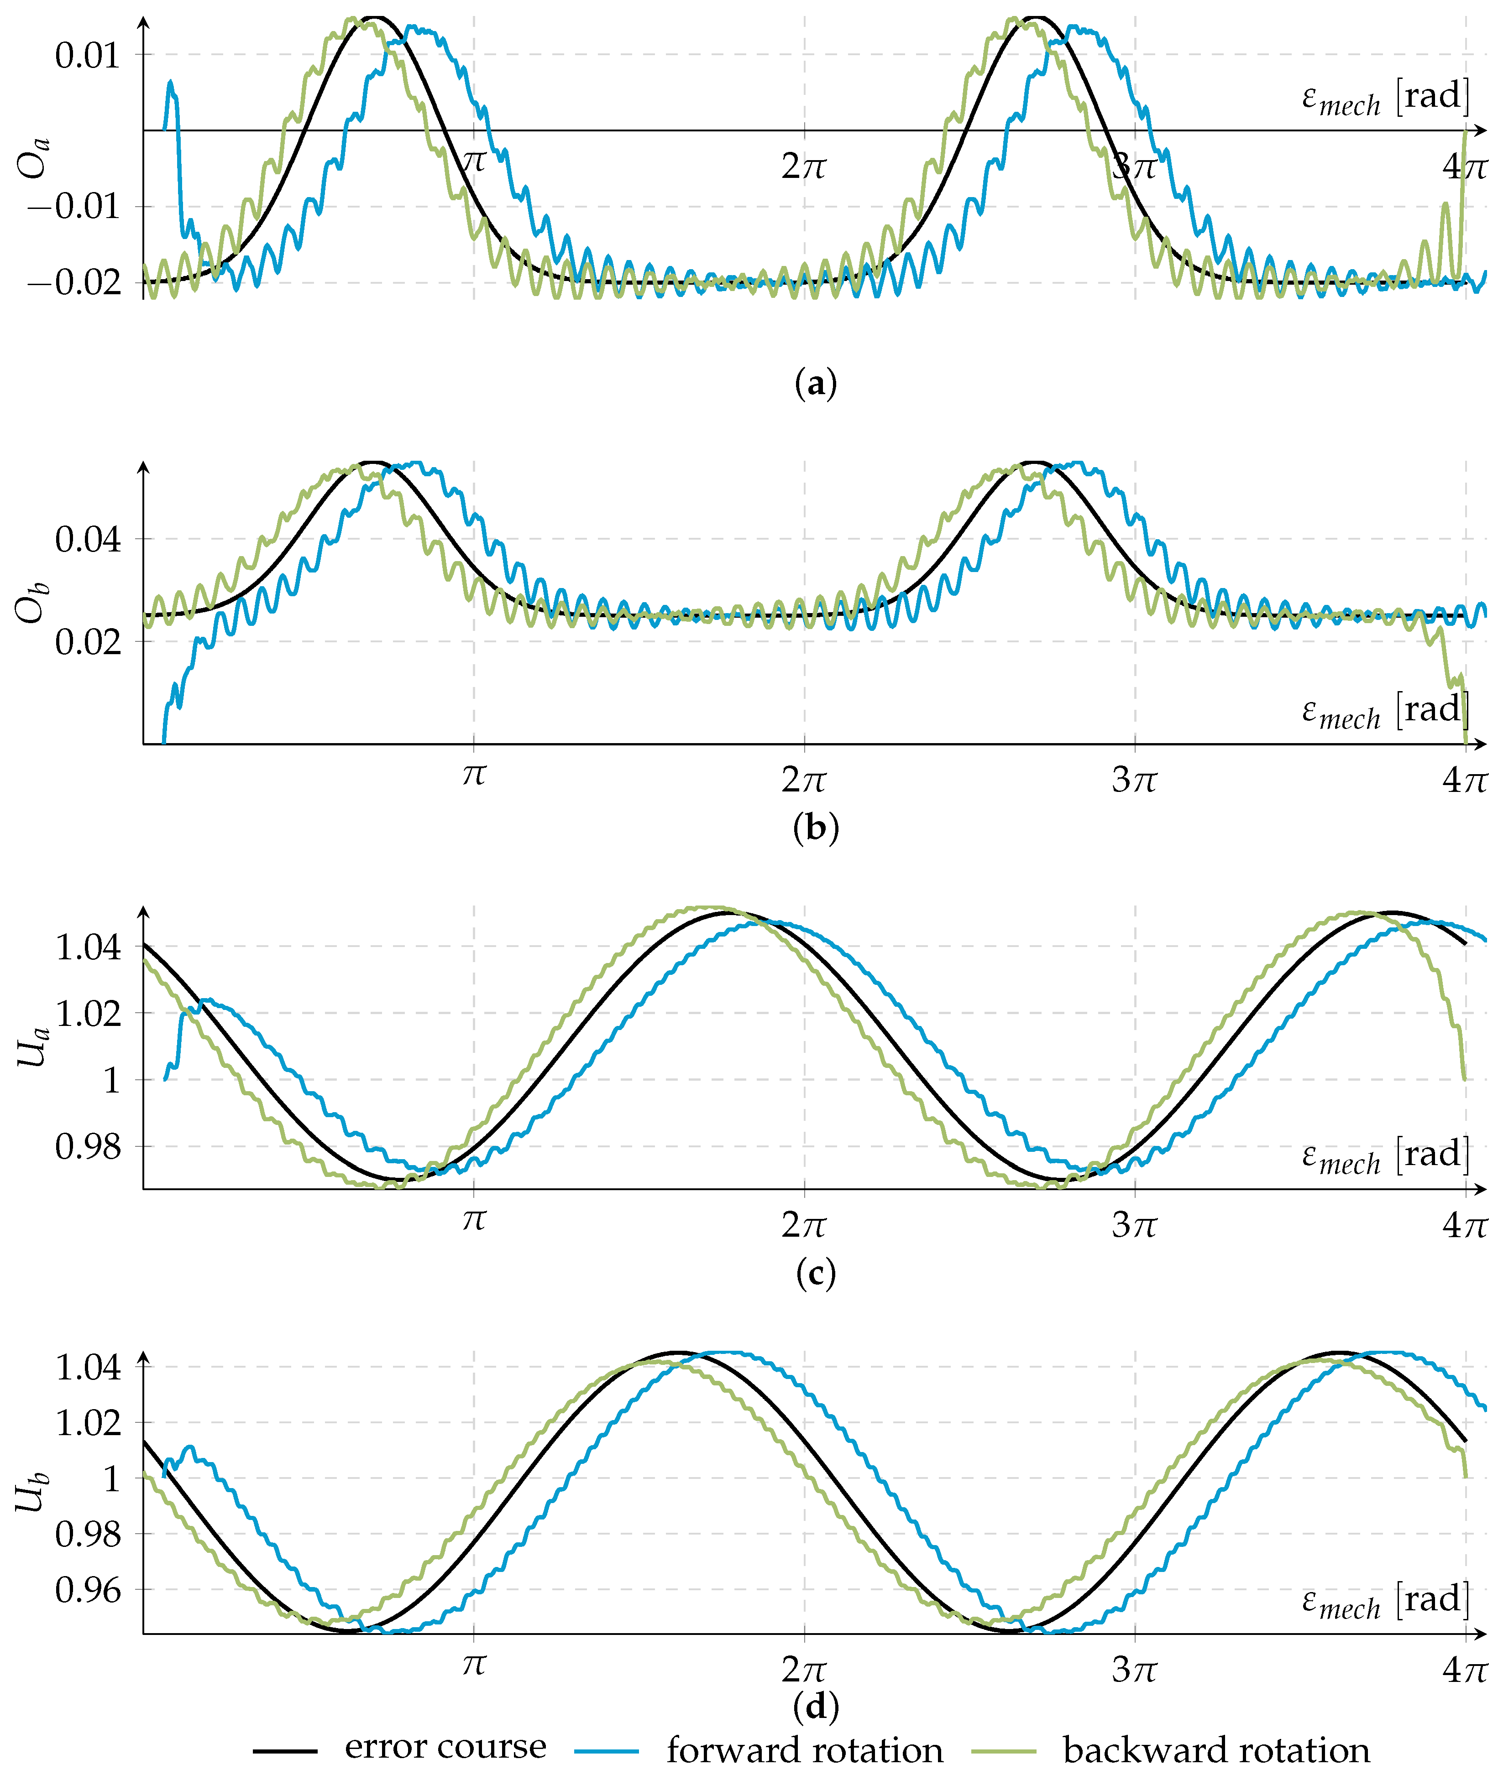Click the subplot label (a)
tap(815, 384)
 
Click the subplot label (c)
tap(815, 1272)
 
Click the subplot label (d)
tap(815, 1705)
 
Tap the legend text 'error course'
tap(445, 1747)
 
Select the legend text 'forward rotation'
tap(804, 1750)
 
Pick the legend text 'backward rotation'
tap(1216, 1750)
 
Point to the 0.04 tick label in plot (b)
tap(88, 540)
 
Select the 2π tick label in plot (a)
tap(803, 167)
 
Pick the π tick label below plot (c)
tap(474, 1221)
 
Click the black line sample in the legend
tap(285, 1750)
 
